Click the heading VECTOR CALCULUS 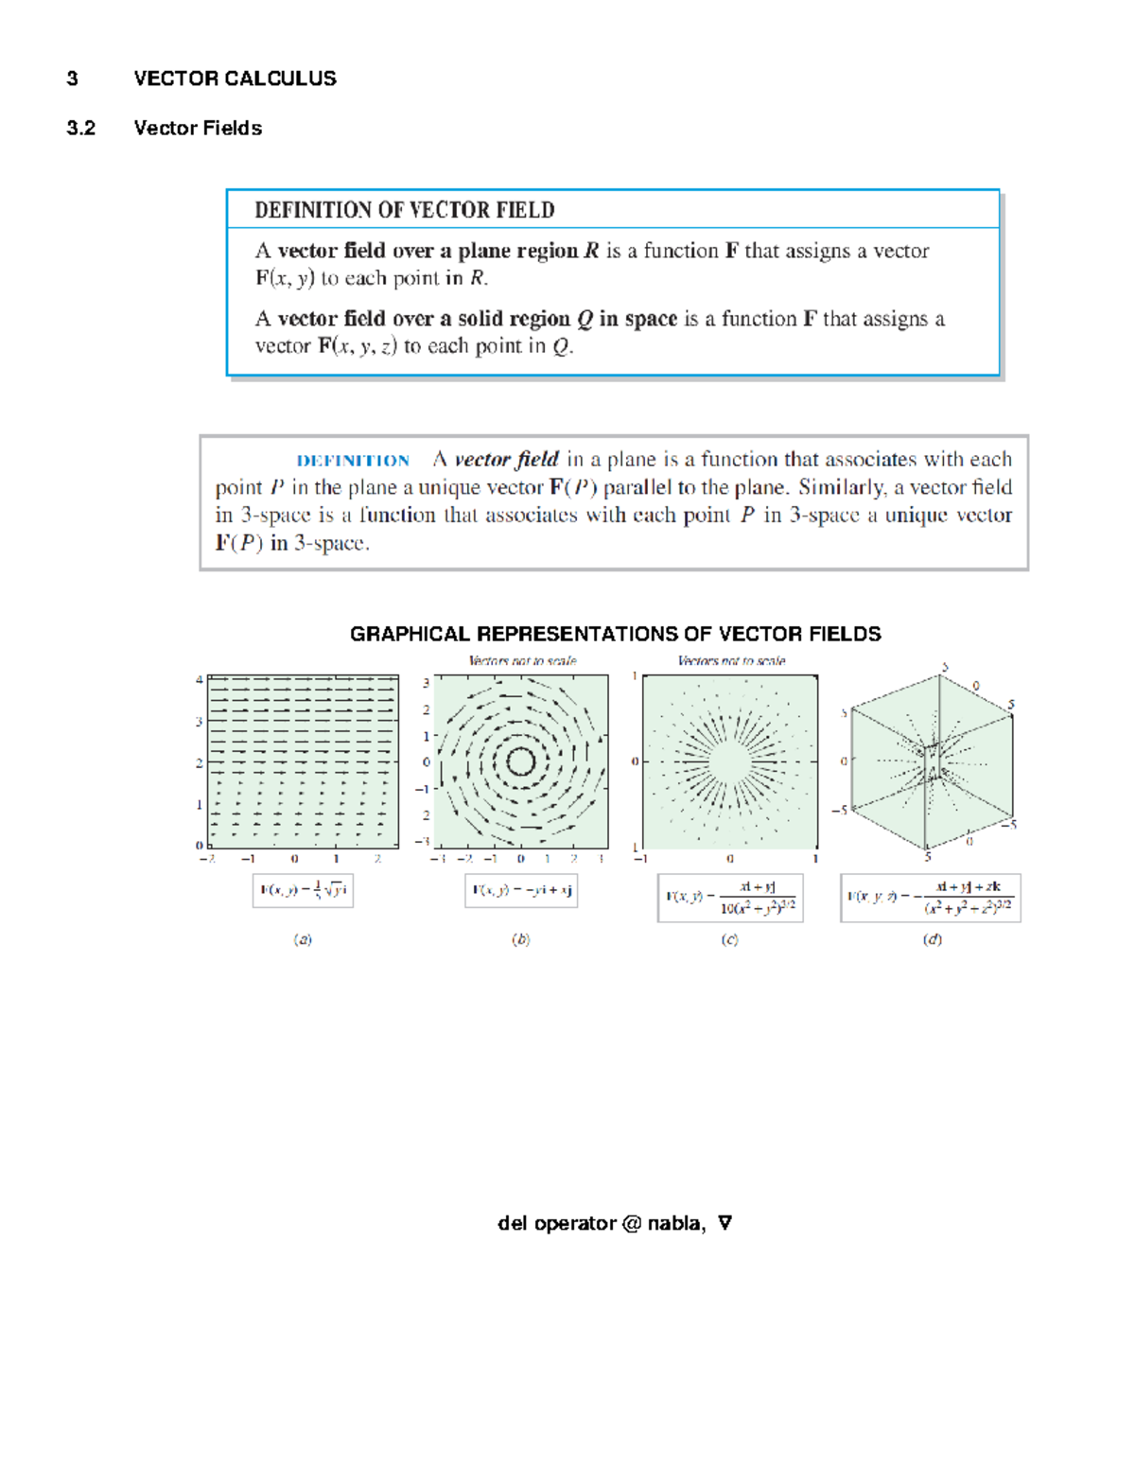pyautogui.click(x=235, y=79)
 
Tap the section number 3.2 pyautogui.click(x=81, y=129)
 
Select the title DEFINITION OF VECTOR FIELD pyautogui.click(x=404, y=210)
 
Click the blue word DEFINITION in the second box pyautogui.click(x=353, y=461)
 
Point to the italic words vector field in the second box pyautogui.click(x=506, y=460)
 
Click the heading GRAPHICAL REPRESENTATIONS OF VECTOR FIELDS pyautogui.click(x=615, y=634)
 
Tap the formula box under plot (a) pyautogui.click(x=303, y=890)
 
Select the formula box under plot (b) pyautogui.click(x=521, y=890)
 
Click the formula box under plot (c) pyautogui.click(x=730, y=898)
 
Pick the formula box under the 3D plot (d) pyautogui.click(x=931, y=898)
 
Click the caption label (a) pyautogui.click(x=303, y=939)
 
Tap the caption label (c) pyautogui.click(x=729, y=939)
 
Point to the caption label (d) pyautogui.click(x=933, y=939)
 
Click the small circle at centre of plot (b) pyautogui.click(x=521, y=761)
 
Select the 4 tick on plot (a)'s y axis pyautogui.click(x=199, y=679)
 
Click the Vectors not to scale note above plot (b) pyautogui.click(x=522, y=660)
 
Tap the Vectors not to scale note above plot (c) pyautogui.click(x=731, y=660)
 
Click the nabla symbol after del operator pyautogui.click(x=725, y=1223)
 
